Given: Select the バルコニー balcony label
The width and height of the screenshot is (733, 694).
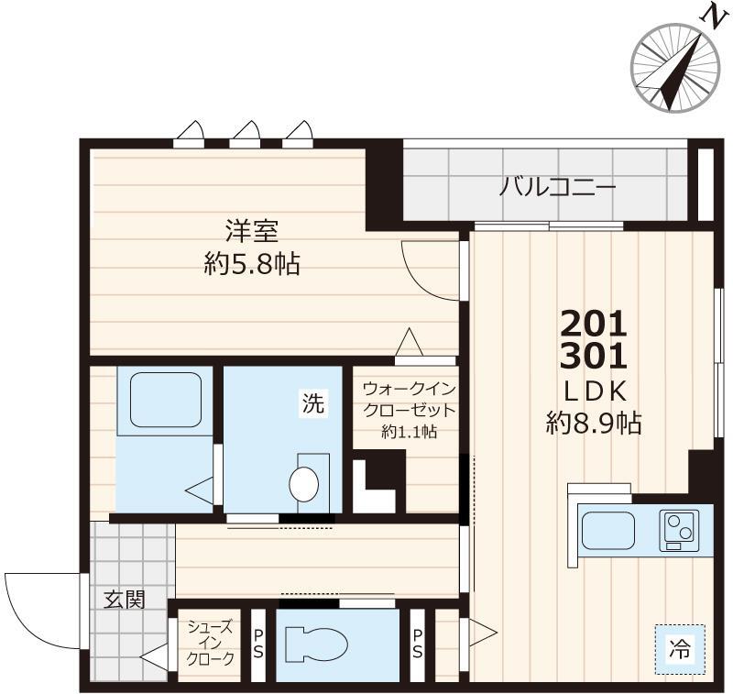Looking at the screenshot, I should pyautogui.click(x=557, y=190).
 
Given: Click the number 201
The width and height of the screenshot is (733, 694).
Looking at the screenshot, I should pyautogui.click(x=593, y=323).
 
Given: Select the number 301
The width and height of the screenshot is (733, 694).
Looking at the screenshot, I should pyautogui.click(x=593, y=355).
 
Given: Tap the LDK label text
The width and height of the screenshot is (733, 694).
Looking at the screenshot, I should pyautogui.click(x=593, y=391).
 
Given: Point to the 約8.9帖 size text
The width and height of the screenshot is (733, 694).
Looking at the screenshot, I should pyautogui.click(x=593, y=423).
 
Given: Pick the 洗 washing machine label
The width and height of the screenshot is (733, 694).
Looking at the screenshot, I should pyautogui.click(x=313, y=404).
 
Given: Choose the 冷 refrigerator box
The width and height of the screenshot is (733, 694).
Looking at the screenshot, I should pyautogui.click(x=679, y=650).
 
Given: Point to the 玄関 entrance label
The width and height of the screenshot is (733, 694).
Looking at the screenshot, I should pyautogui.click(x=123, y=600).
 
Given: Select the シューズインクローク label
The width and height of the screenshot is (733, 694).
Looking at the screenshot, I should pyautogui.click(x=210, y=643).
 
